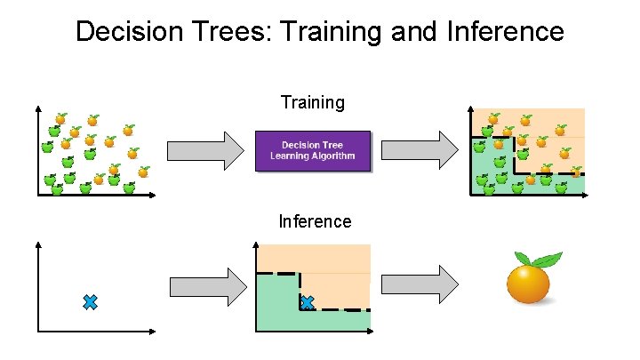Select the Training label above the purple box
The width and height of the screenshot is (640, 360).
312,102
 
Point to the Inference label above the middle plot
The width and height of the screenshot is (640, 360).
315,221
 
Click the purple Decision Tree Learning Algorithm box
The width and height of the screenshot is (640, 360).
312,150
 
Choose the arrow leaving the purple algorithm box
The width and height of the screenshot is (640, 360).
420,150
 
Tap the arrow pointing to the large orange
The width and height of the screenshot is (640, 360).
420,284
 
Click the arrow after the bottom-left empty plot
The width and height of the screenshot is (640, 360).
206,284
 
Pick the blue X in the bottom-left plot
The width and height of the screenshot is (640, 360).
90,302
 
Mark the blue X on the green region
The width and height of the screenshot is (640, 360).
307,303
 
